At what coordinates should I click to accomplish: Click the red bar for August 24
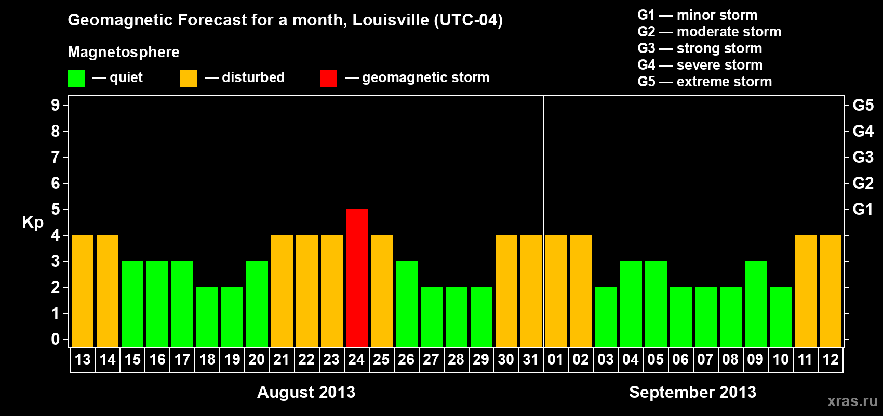357,278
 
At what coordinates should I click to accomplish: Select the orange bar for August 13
83,291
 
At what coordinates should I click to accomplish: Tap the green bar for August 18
207,317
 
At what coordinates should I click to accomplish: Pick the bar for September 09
756,304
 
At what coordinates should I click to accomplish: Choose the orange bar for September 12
831,291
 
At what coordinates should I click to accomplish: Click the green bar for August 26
407,304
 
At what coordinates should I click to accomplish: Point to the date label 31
531,359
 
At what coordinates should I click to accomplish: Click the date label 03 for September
606,359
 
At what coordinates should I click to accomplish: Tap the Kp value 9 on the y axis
56,105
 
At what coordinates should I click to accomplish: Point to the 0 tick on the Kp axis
56,339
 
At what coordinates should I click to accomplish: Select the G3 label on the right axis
863,157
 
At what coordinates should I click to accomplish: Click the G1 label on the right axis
863,209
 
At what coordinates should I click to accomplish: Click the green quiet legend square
76,79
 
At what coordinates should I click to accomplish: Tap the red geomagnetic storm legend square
328,79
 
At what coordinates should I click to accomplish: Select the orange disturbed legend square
188,79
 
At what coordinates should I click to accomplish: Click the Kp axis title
33,223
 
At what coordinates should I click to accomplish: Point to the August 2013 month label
306,392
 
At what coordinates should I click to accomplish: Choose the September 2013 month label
692,392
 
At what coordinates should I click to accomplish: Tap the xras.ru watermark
852,400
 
